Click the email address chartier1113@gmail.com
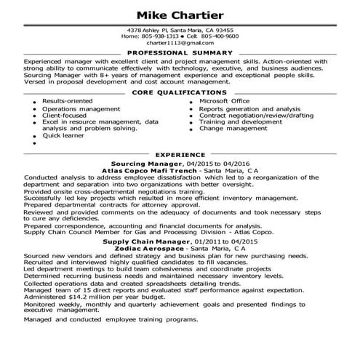(x=180, y=43)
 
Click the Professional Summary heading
(x=180, y=53)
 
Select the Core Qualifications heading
(x=180, y=92)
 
